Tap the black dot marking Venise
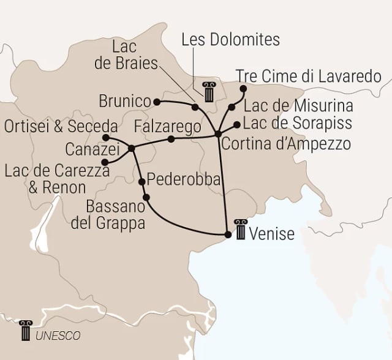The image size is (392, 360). point(228,234)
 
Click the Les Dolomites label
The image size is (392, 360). point(231,40)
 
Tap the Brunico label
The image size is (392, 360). point(124,100)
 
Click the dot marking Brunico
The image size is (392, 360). point(157,101)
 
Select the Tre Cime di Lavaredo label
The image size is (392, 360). point(308,76)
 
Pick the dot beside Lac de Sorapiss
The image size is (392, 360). point(236,125)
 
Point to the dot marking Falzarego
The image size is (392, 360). point(171,139)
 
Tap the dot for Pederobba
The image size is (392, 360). point(142,181)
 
